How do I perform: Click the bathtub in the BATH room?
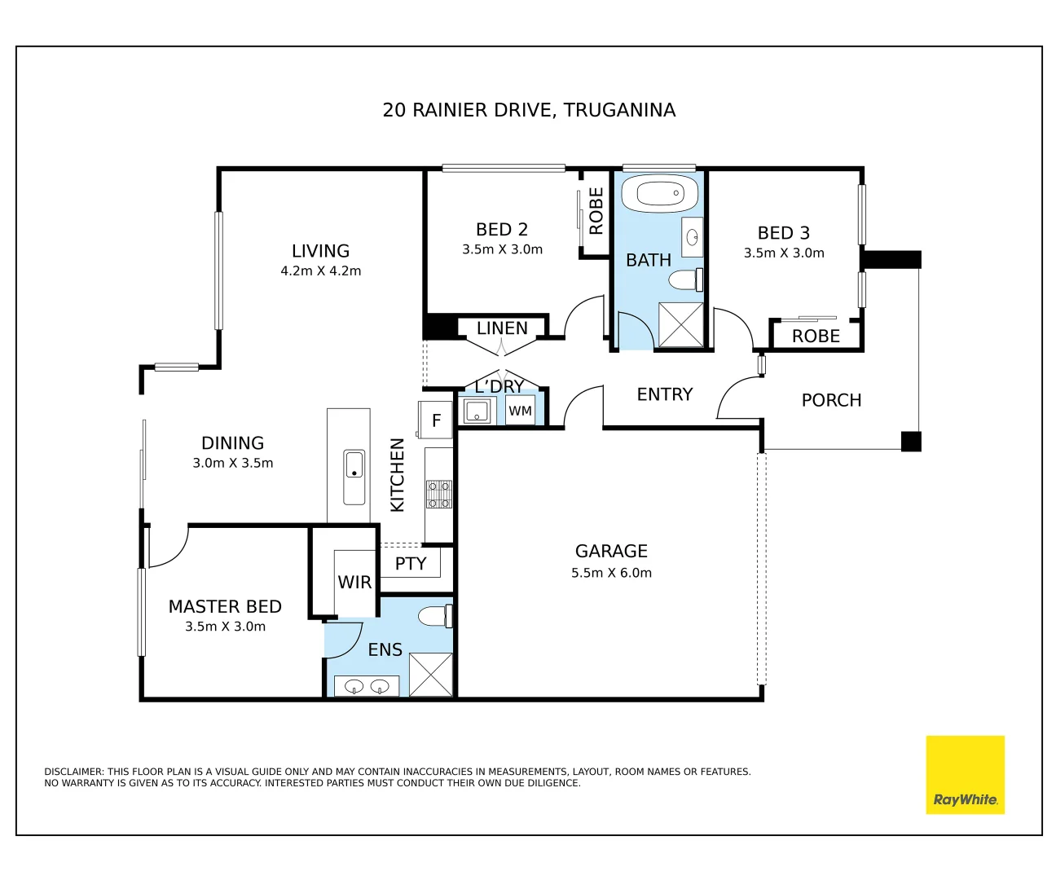pos(660,194)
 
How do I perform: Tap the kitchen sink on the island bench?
pos(354,477)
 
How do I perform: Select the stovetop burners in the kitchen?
pos(438,494)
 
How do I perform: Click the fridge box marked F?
pos(435,420)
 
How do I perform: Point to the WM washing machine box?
pos(520,411)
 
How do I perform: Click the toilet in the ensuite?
pos(436,616)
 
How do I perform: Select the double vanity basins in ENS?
pos(367,686)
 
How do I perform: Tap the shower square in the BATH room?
pos(680,325)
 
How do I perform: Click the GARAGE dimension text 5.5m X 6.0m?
pos(611,573)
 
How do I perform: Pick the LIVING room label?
pos(320,251)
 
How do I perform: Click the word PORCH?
pos(831,400)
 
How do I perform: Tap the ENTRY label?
pos(664,394)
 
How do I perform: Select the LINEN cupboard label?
pos(502,328)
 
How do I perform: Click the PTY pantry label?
pos(411,564)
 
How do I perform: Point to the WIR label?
pos(354,583)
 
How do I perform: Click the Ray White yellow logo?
pos(965,775)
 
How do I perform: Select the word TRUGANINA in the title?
pos(619,110)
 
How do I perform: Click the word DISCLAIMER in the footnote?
pos(74,772)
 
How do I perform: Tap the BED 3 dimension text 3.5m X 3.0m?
pos(784,253)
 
